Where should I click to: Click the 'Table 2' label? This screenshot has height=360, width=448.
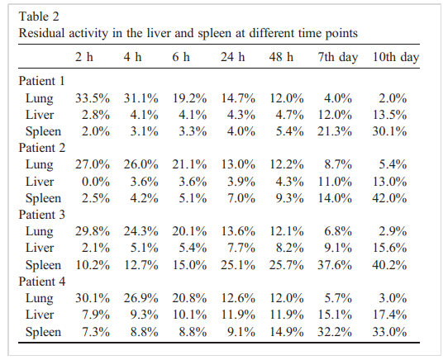point(39,17)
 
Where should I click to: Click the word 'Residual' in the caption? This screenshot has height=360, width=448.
point(41,33)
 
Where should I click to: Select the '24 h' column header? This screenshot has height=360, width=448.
point(232,57)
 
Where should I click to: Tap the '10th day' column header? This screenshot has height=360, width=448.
point(396,57)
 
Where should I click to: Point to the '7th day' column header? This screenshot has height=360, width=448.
point(338,57)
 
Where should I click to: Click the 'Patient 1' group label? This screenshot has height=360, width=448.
point(41,81)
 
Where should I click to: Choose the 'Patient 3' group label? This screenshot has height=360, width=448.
point(41,215)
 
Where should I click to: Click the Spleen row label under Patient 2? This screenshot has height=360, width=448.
point(43,198)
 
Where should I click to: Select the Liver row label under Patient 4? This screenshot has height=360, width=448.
point(40,315)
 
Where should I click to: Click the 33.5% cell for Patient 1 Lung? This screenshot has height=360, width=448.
point(93,98)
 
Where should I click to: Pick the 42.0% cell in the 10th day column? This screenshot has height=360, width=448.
point(389,198)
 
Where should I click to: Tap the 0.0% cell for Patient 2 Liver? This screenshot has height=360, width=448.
point(96,182)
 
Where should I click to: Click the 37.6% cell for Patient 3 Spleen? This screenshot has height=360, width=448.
point(335,265)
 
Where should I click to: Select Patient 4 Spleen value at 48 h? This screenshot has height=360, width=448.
point(286,332)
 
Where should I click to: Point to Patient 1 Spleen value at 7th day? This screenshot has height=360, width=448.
point(335,131)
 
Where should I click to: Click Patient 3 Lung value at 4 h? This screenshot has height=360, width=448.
point(141,231)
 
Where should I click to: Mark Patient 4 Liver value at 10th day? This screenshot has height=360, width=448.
point(389,315)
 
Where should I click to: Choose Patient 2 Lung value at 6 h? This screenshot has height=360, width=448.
point(189,165)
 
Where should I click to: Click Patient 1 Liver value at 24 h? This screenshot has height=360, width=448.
point(241,115)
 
